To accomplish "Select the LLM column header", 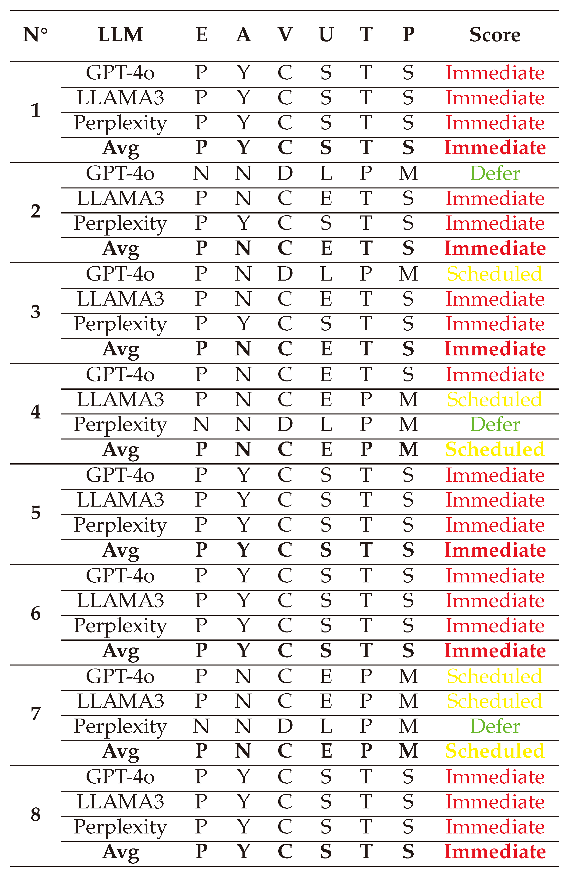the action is pyautogui.click(x=121, y=35).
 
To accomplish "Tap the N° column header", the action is pyautogui.click(x=35, y=35).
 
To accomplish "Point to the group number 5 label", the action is pyautogui.click(x=35, y=513).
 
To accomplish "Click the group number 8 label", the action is pyautogui.click(x=35, y=814).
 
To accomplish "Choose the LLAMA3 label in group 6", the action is pyautogui.click(x=121, y=601).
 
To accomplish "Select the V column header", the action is pyautogui.click(x=285, y=35).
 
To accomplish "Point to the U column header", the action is pyautogui.click(x=326, y=35).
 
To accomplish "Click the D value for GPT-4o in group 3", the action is pyautogui.click(x=285, y=274).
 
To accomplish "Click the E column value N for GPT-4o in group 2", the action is pyautogui.click(x=201, y=173).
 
